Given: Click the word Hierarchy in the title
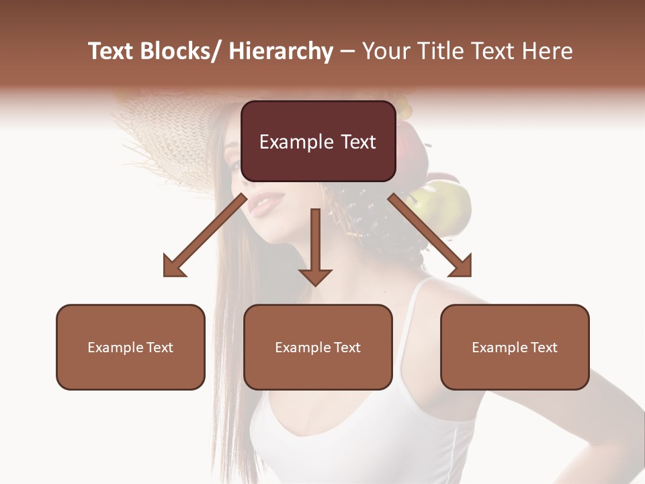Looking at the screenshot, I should (x=280, y=52).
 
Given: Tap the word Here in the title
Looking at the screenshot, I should (x=547, y=51).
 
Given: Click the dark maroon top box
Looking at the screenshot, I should (x=318, y=141).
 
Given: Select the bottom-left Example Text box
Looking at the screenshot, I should (x=130, y=347).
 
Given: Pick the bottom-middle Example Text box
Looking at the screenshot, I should (x=318, y=347).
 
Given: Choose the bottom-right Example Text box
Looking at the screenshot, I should (x=515, y=347).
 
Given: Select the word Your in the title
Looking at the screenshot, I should (x=386, y=51).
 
